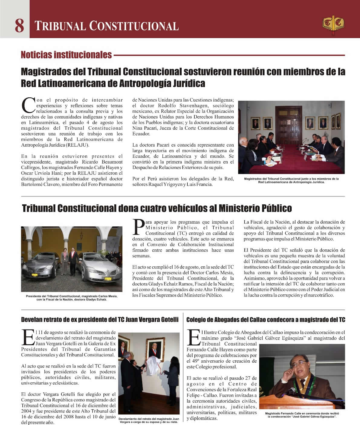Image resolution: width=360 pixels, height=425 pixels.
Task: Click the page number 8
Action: [x=19, y=26]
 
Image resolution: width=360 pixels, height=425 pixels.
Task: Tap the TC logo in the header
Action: [x=333, y=24]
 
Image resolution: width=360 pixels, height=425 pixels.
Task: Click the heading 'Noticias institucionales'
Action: [x=66, y=55]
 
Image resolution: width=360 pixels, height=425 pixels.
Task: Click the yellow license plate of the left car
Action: [x=35, y=275]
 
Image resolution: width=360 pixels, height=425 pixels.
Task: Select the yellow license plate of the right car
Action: [x=108, y=279]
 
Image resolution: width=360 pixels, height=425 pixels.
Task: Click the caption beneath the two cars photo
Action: [x=72, y=298]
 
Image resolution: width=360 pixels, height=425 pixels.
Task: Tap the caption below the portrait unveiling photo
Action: [x=149, y=420]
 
